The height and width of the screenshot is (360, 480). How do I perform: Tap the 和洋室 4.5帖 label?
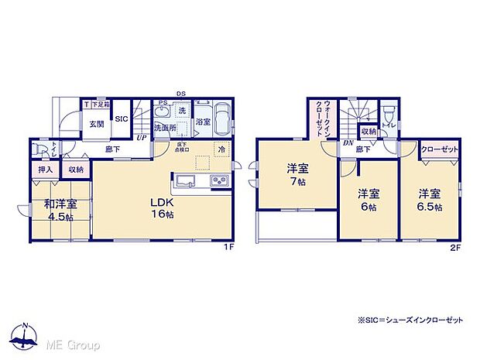coord(60,211)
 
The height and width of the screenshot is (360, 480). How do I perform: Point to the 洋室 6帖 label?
coord(368,200)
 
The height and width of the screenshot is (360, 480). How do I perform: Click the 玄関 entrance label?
coord(95,123)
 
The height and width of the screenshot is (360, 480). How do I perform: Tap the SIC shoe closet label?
coord(122,118)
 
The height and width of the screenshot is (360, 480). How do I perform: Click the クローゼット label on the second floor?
coord(440,149)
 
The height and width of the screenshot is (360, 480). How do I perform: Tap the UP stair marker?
coord(142,138)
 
